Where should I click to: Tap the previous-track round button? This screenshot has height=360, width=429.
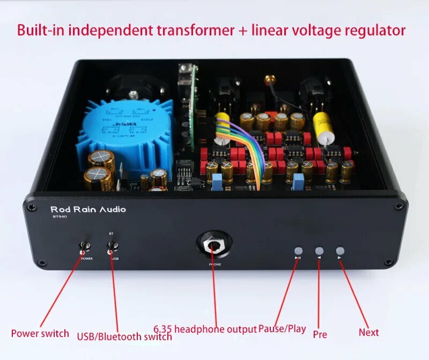coord(320,251)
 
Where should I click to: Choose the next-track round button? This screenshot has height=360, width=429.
coord(340,251)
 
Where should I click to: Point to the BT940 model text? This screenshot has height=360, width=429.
coord(59,218)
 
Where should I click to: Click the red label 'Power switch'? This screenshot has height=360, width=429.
coord(40,333)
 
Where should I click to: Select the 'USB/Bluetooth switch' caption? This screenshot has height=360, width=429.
coord(124,336)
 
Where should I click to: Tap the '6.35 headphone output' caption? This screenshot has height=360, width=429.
coord(205,329)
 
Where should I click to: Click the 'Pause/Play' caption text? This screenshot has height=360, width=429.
coord(282,328)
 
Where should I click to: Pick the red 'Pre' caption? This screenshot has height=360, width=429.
coord(320,334)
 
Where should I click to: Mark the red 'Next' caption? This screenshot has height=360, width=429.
coord(369,332)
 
